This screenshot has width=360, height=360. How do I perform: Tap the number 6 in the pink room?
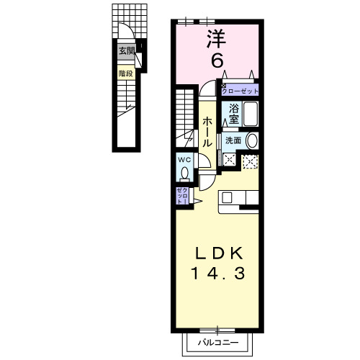tap(215, 60)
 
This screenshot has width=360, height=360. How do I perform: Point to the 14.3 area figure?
tap(221, 273)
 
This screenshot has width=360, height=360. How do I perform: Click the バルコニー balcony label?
tap(220, 343)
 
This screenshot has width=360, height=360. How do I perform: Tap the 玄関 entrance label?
tap(127, 50)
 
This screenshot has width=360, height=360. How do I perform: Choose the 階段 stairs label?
tap(127, 73)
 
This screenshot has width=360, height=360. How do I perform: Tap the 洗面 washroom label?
tap(233, 140)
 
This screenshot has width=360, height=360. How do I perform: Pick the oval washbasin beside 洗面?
tap(251, 140)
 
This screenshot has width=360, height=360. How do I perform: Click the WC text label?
tap(184, 160)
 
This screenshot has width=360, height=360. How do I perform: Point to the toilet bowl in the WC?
tap(184, 174)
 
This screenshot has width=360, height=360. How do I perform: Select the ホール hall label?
tap(207, 132)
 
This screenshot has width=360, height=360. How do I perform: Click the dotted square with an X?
tap(250, 162)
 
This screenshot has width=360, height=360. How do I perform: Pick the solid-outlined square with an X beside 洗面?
tap(229, 160)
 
